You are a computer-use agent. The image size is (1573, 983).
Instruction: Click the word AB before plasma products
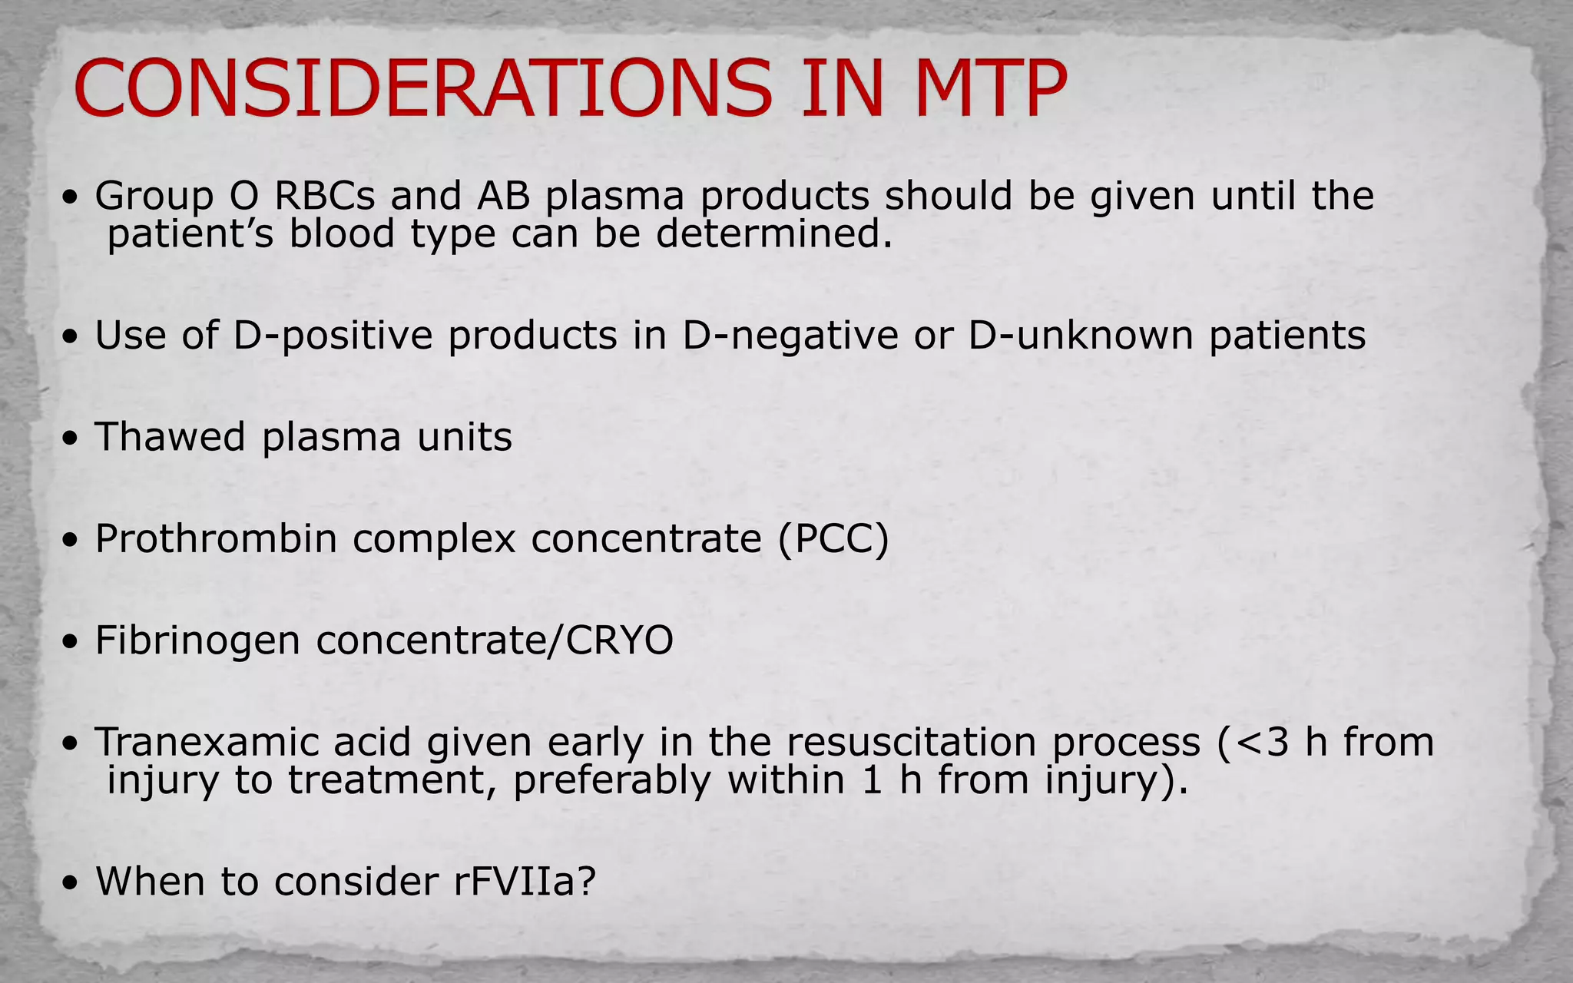[x=504, y=196]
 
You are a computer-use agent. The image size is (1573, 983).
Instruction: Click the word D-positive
[x=333, y=336]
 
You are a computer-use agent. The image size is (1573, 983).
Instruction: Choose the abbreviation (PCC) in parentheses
[x=833, y=539]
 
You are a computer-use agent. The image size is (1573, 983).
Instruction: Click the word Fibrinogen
[x=197, y=640]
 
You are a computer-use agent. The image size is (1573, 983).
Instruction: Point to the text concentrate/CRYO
[x=495, y=640]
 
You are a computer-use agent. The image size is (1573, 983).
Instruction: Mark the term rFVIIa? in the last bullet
[x=525, y=881]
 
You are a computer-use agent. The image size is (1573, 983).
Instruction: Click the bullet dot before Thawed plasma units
[x=71, y=440]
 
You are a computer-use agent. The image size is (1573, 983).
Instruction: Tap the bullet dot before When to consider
[x=71, y=884]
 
